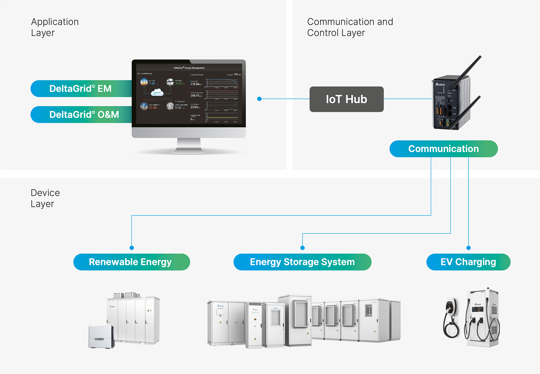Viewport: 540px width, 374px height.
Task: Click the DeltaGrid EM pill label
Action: point(80,89)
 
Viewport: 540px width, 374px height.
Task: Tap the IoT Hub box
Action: point(346,99)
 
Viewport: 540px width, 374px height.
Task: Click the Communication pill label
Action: point(443,149)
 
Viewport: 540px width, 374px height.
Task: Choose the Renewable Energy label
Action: point(131,262)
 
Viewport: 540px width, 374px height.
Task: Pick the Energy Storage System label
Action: point(302,262)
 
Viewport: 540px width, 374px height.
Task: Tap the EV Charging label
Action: point(468,262)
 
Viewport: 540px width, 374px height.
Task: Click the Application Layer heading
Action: point(55,27)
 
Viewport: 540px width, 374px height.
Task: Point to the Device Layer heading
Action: point(45,198)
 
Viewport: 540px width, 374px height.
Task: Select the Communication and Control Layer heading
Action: point(350,27)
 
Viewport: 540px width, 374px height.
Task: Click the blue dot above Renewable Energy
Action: point(132,248)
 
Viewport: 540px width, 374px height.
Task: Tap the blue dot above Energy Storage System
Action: point(302,248)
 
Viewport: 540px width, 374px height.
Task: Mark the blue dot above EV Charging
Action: point(468,248)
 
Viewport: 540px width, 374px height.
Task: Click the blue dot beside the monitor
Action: point(259,99)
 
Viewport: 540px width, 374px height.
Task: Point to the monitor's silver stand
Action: point(189,146)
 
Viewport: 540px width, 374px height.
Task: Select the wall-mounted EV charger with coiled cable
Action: point(451,317)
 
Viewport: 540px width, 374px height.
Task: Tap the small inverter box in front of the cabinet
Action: point(101,336)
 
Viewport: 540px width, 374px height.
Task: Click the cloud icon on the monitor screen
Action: point(157,93)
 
